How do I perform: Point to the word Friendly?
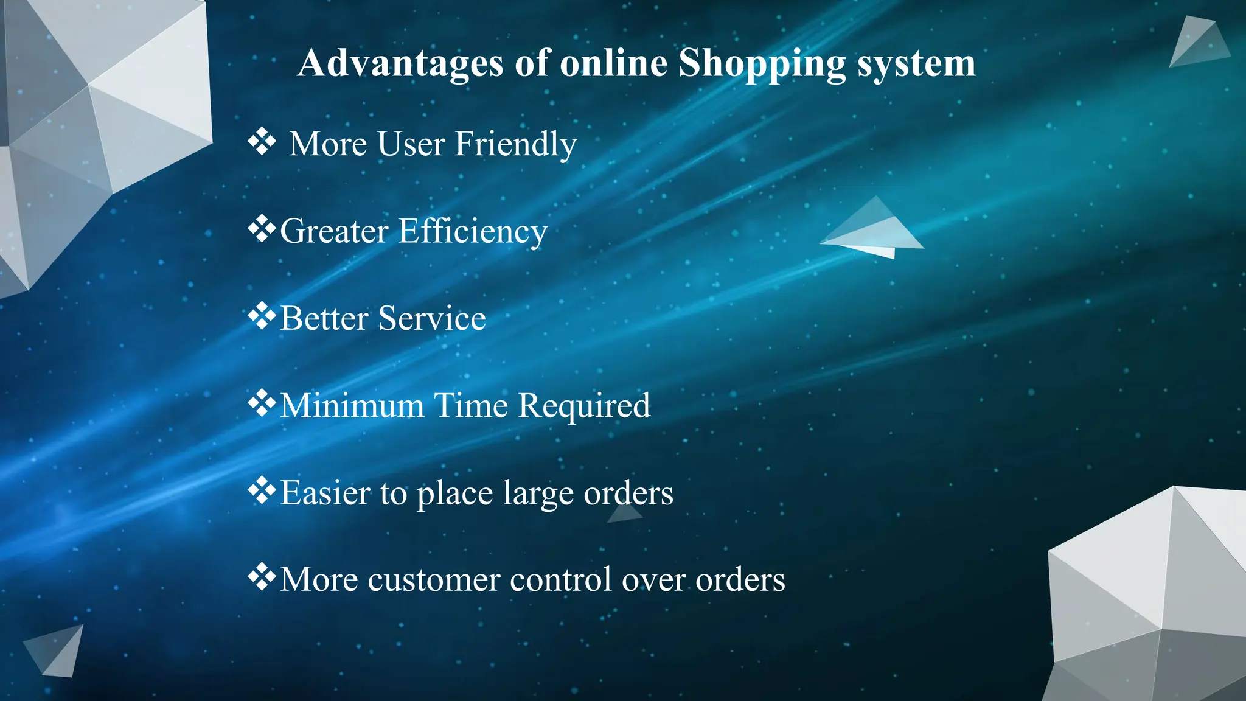point(515,145)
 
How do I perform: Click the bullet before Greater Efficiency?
point(262,229)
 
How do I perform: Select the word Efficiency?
point(473,232)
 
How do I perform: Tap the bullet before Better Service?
point(262,316)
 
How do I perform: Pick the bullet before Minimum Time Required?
point(262,404)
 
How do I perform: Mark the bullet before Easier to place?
point(262,491)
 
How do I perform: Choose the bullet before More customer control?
point(262,578)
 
